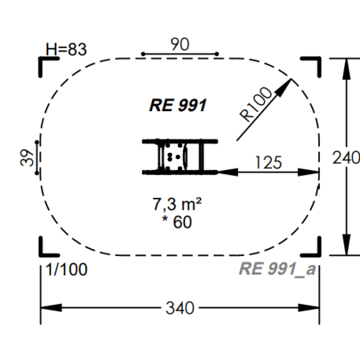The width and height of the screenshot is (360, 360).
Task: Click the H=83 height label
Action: point(66,49)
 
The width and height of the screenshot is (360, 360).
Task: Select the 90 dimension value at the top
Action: point(180,44)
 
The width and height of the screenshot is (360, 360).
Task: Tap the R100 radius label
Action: point(256,104)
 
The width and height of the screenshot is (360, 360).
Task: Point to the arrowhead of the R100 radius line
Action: point(284,86)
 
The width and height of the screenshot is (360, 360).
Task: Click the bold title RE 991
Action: point(178,106)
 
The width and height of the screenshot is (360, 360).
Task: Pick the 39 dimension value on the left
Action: point(27,158)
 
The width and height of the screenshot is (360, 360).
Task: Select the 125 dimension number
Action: point(269,162)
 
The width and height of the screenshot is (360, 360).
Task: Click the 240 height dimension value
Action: point(346,158)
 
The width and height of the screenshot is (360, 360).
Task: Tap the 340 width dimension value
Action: point(180,308)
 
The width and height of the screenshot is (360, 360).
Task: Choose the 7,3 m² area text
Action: point(177,204)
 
